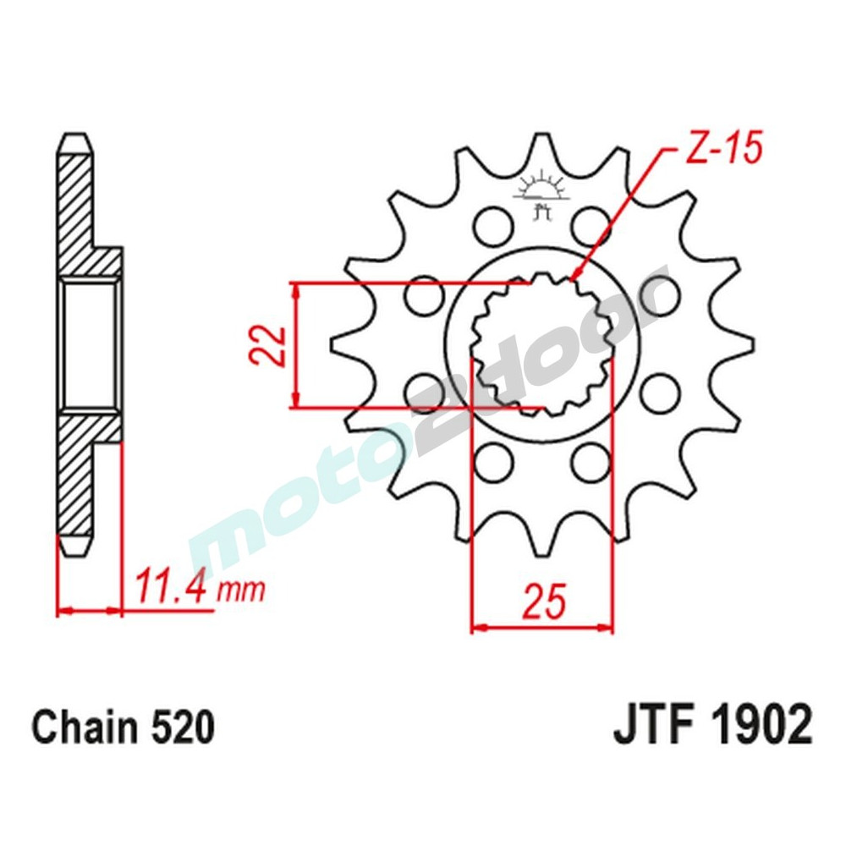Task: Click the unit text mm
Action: tap(240, 589)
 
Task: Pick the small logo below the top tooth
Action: tap(541, 191)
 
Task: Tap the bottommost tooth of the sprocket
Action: tap(541, 546)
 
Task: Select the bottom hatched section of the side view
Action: tap(79, 474)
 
